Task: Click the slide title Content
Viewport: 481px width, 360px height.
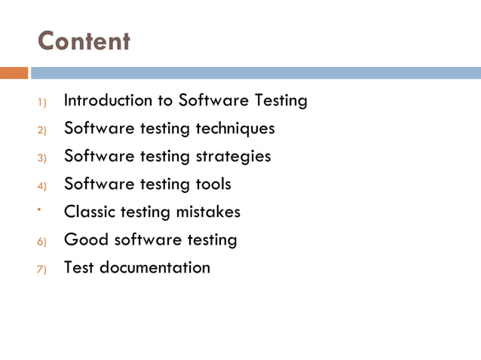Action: coord(84,41)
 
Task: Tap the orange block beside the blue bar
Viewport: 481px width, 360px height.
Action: coord(14,73)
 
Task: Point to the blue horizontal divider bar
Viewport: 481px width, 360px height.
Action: coord(255,73)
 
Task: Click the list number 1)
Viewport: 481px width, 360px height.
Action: coord(42,102)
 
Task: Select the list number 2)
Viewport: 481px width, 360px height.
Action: coord(42,130)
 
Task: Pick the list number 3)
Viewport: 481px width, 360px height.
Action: coord(42,157)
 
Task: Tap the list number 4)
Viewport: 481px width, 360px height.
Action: coord(42,185)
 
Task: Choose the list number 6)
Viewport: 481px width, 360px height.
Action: coord(42,241)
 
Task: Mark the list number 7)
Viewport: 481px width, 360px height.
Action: coord(42,269)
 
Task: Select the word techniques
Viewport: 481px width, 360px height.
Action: coord(235,128)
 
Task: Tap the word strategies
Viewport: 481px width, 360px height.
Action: coord(233,157)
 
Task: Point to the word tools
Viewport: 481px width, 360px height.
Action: coord(213,184)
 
